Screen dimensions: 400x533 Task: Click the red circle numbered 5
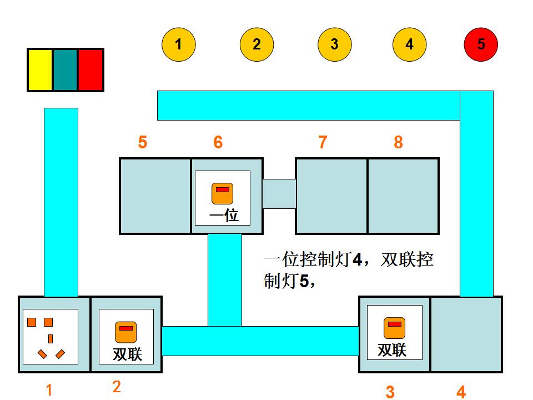click(x=481, y=44)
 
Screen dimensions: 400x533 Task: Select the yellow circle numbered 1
click(x=179, y=44)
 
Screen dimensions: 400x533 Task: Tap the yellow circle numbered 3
click(x=334, y=44)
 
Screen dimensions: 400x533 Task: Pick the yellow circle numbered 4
click(x=409, y=44)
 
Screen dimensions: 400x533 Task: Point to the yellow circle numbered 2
click(x=257, y=44)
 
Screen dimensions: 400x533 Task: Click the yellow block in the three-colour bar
click(x=41, y=70)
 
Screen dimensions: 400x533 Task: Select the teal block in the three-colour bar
click(x=66, y=70)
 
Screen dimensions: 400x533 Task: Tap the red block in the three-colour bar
click(x=90, y=70)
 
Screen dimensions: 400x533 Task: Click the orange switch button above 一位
click(x=222, y=193)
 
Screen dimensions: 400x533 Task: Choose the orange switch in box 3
click(x=394, y=328)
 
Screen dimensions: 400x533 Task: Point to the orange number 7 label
click(x=323, y=143)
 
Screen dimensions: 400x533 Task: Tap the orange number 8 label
click(x=398, y=143)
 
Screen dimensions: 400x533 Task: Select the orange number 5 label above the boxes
click(x=143, y=143)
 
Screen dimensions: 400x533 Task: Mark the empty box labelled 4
click(x=466, y=334)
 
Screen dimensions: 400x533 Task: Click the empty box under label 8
click(x=403, y=196)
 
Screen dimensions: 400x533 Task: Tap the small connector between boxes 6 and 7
click(x=279, y=194)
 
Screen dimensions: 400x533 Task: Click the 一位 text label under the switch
click(x=224, y=216)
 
